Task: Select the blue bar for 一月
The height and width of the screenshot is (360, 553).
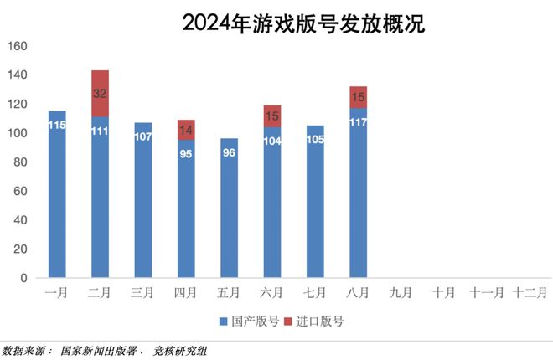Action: click(x=57, y=201)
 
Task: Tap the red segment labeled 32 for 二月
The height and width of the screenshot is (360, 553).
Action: click(x=100, y=93)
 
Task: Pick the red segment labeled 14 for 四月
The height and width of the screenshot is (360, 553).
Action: click(x=186, y=130)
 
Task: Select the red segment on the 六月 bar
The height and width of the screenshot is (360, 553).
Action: click(x=272, y=116)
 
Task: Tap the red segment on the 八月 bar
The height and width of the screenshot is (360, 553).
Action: click(x=359, y=97)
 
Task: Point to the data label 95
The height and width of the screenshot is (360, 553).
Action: click(x=186, y=154)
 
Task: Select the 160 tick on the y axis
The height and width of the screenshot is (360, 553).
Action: click(x=18, y=46)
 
